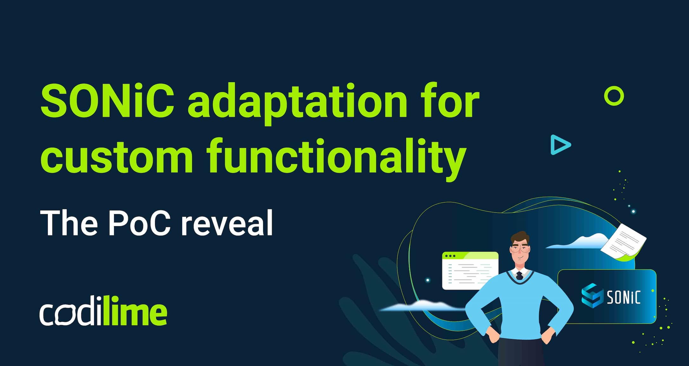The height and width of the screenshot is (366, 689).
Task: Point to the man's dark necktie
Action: click(x=520, y=276)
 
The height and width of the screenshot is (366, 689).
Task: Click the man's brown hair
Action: click(x=520, y=238)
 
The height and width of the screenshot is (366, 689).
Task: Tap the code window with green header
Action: click(x=470, y=271)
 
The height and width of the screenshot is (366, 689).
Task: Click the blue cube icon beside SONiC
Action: click(x=592, y=295)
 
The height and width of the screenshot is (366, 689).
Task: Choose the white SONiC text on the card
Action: click(x=624, y=297)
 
